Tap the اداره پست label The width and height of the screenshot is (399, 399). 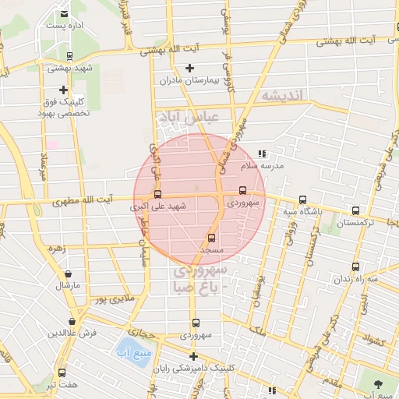coord(63,26)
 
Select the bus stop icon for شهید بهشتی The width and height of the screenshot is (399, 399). coord(70,56)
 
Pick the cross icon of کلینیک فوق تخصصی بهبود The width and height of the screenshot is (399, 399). coord(63,90)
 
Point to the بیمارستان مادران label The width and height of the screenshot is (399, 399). coord(186,80)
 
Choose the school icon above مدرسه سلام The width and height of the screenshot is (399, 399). coord(262,154)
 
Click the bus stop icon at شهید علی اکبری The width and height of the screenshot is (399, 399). coord(158,195)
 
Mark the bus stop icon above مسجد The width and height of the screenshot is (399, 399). coord(211,238)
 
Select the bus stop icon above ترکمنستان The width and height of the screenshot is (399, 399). coord(356,210)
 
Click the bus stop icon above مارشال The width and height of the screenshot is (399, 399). coord(69,274)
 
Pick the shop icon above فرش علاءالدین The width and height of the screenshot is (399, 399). coord(72,321)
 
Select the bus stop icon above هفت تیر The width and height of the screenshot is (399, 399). coord(62,373)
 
